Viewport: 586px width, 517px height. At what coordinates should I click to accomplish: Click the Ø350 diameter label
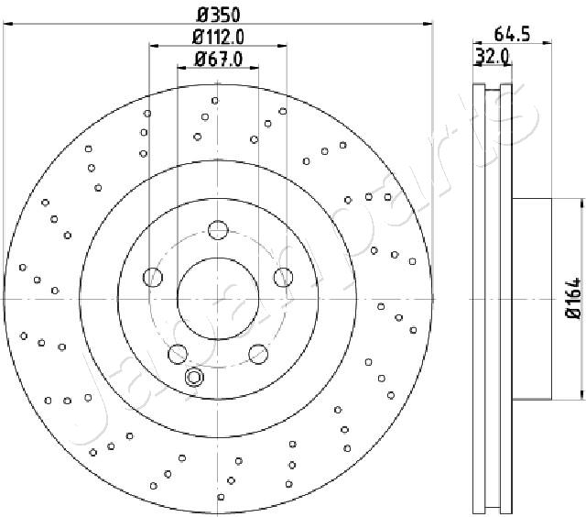click(x=218, y=16)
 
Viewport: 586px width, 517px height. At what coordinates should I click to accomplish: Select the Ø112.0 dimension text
click(x=218, y=37)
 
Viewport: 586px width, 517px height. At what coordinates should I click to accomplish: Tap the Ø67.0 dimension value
click(x=219, y=59)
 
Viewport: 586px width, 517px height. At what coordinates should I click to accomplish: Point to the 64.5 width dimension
click(x=512, y=35)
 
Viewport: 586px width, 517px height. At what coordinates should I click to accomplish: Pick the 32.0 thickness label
click(x=492, y=57)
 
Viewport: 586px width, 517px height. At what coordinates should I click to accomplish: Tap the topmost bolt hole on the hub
click(x=218, y=230)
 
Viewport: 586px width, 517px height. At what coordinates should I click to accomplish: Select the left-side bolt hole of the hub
click(x=153, y=277)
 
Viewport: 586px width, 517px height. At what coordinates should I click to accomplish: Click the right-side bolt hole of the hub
click(x=283, y=277)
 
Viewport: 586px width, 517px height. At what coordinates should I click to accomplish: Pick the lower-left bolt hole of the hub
click(x=178, y=354)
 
